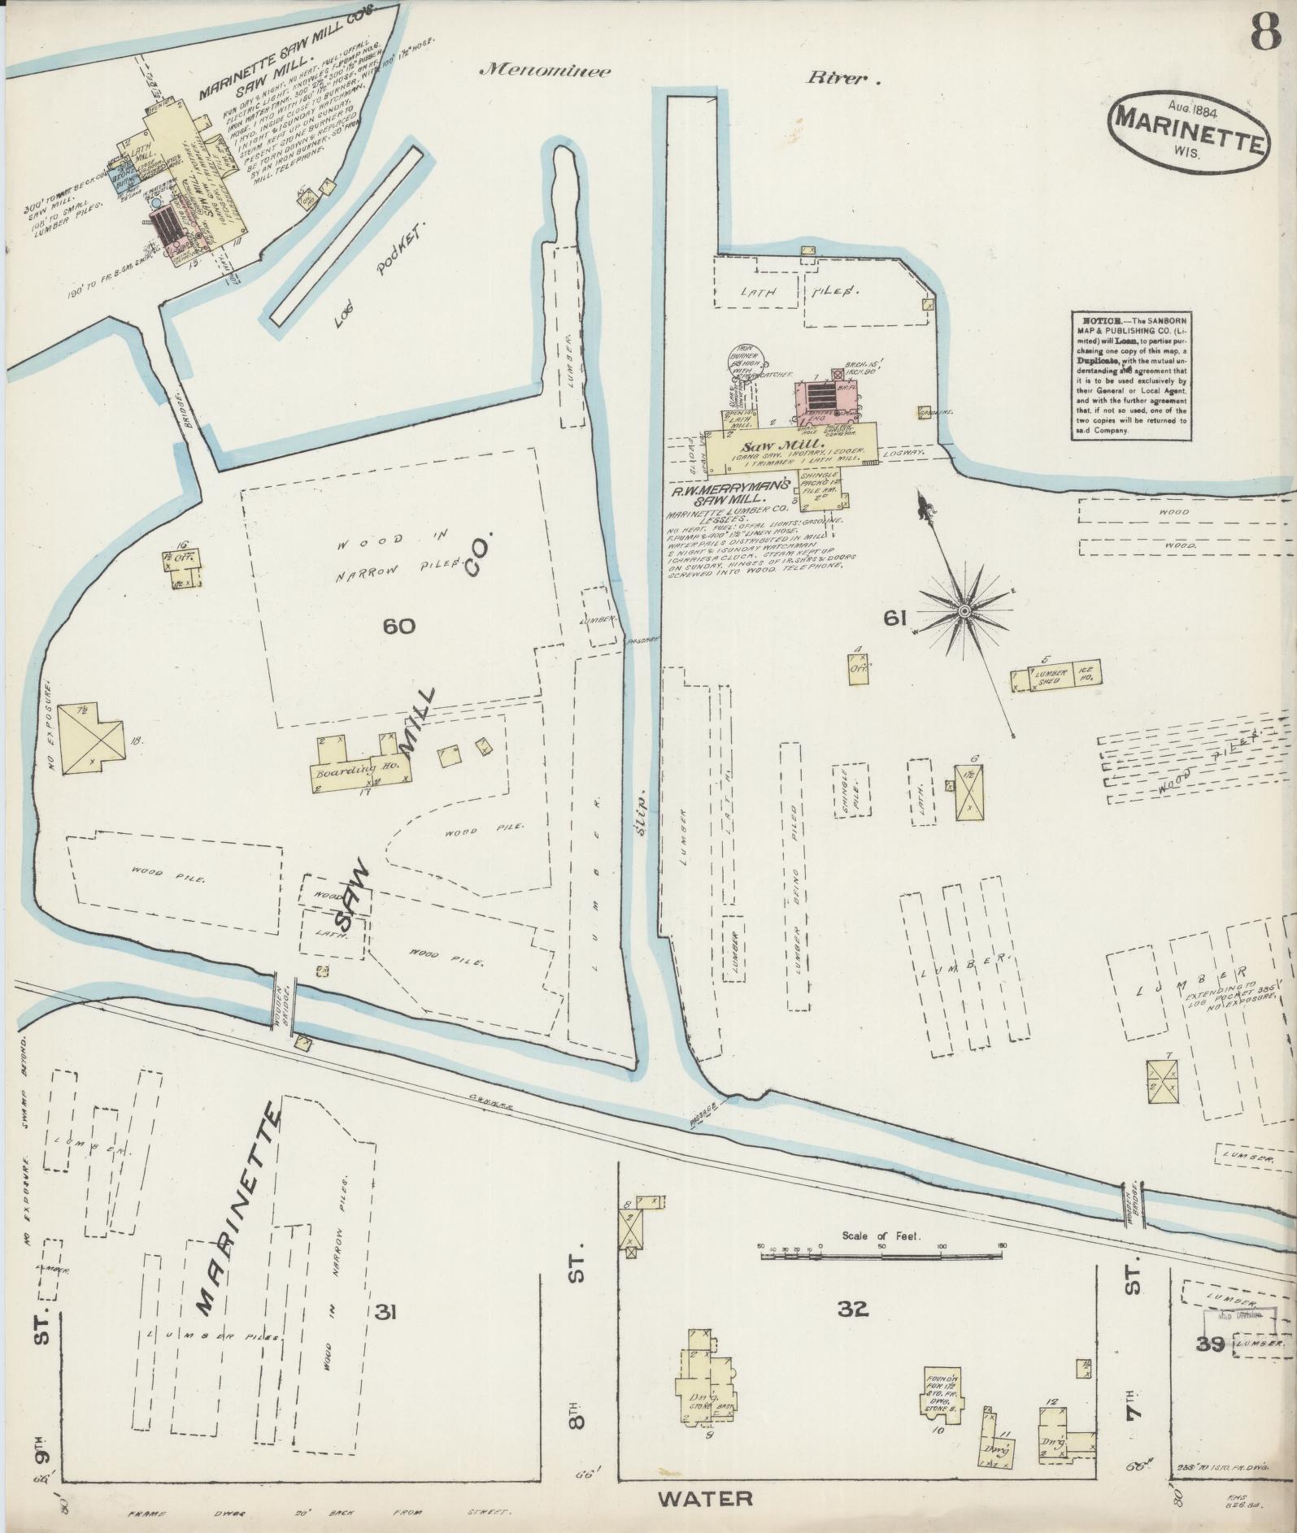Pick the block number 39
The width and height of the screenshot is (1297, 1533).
point(1210,1344)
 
